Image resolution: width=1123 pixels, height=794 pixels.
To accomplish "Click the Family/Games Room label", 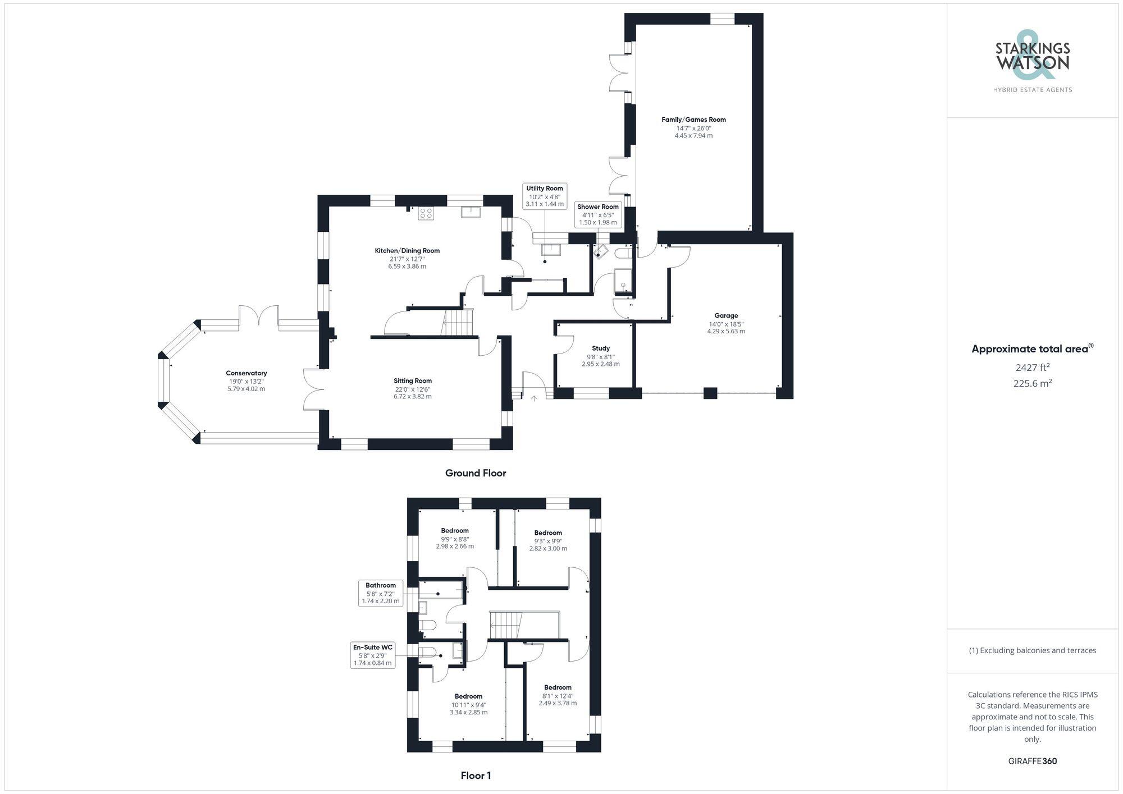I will [x=693, y=120].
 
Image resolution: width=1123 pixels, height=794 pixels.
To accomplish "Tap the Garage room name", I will [x=726, y=315].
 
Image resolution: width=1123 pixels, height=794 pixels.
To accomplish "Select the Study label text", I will [x=600, y=348].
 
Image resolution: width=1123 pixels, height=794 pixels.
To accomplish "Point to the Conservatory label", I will [x=246, y=373].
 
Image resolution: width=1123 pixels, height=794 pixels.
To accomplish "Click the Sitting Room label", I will [x=412, y=381].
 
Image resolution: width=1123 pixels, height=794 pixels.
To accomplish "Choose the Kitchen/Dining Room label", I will [x=407, y=251].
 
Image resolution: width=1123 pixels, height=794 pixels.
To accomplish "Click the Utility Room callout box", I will [x=544, y=196].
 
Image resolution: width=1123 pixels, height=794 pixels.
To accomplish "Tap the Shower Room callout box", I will [x=597, y=214].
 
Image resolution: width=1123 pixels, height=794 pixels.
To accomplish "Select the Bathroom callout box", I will [x=381, y=593].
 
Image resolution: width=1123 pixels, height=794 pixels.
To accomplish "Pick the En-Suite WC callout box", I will [x=372, y=655].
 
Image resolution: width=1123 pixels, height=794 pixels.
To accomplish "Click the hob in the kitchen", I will [x=426, y=213].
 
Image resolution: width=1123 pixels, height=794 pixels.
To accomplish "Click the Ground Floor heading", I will [x=476, y=473].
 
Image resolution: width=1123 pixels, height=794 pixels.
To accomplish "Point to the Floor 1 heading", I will [x=476, y=775].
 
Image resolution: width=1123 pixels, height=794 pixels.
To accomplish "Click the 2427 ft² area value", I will [x=1032, y=368].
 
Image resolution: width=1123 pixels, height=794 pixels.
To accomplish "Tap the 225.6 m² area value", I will [x=1032, y=383].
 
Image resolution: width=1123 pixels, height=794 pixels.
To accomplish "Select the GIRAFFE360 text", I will [x=1032, y=761].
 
